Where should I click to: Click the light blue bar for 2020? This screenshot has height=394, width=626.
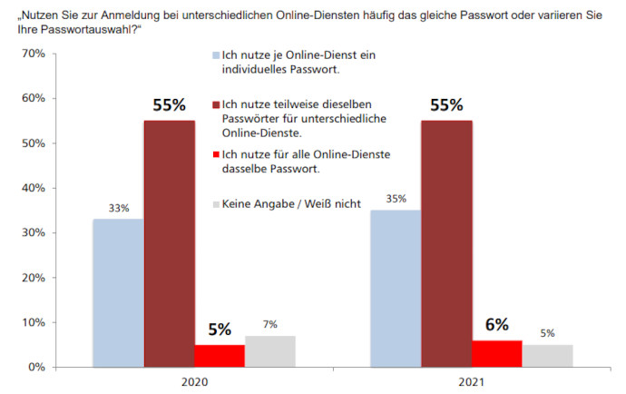[x=118, y=292]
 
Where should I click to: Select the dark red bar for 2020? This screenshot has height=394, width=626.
[x=169, y=243]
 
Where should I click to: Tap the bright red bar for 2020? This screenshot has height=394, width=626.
[x=220, y=355]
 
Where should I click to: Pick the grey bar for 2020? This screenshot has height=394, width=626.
[x=270, y=350]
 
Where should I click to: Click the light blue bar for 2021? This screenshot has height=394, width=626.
[x=396, y=288]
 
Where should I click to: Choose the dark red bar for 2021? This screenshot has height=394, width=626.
[x=446, y=243]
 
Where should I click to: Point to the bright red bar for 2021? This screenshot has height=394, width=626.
[x=497, y=353]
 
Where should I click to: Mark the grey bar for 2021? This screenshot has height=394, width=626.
[x=548, y=355]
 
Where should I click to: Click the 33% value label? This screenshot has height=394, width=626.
[x=118, y=208]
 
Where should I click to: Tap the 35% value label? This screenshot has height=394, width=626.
[x=396, y=199]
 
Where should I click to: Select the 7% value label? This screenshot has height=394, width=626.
[x=270, y=324]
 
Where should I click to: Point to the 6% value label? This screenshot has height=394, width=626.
[x=497, y=324]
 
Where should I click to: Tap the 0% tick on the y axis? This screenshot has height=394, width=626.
[x=35, y=367]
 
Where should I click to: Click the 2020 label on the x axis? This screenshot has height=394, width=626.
[x=194, y=382]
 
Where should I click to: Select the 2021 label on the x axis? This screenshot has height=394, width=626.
[x=472, y=382]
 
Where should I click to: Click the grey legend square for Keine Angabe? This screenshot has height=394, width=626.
[x=215, y=205]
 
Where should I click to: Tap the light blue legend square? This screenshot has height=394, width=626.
[x=215, y=56]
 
